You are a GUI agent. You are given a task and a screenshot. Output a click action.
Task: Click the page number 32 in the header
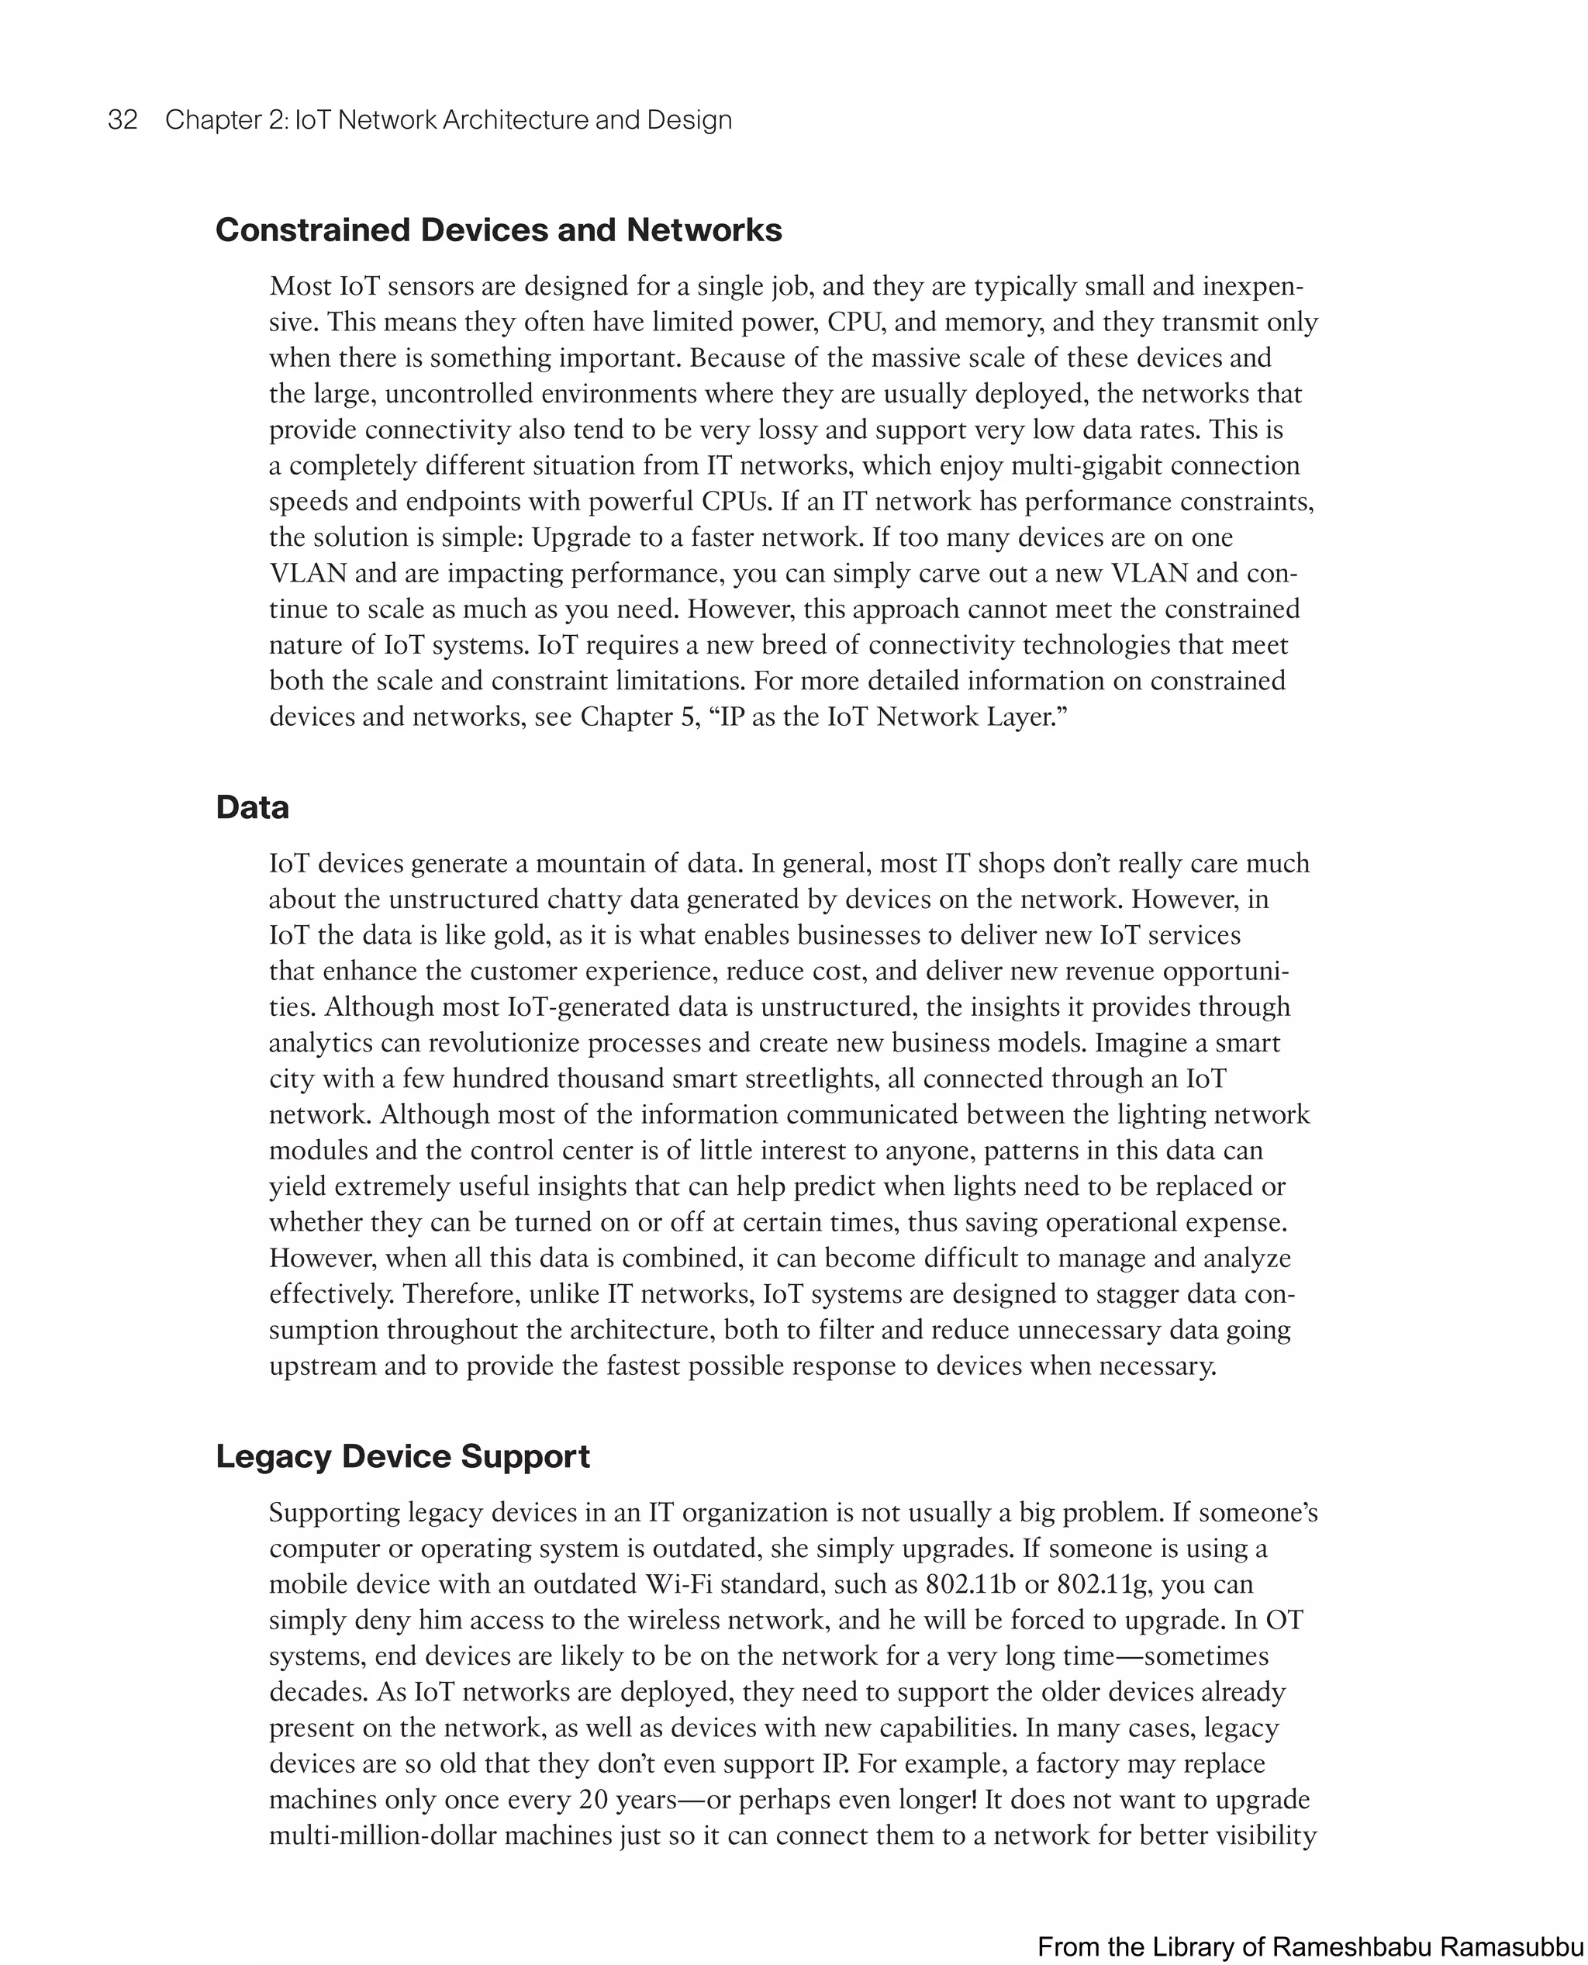coord(123,120)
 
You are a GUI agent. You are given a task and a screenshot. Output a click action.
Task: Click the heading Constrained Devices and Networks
coord(499,230)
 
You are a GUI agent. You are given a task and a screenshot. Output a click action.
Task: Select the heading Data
coord(253,806)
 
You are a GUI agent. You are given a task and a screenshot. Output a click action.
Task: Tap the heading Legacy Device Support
coord(402,1456)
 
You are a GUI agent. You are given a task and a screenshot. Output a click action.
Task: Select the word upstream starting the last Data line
coord(322,1366)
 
